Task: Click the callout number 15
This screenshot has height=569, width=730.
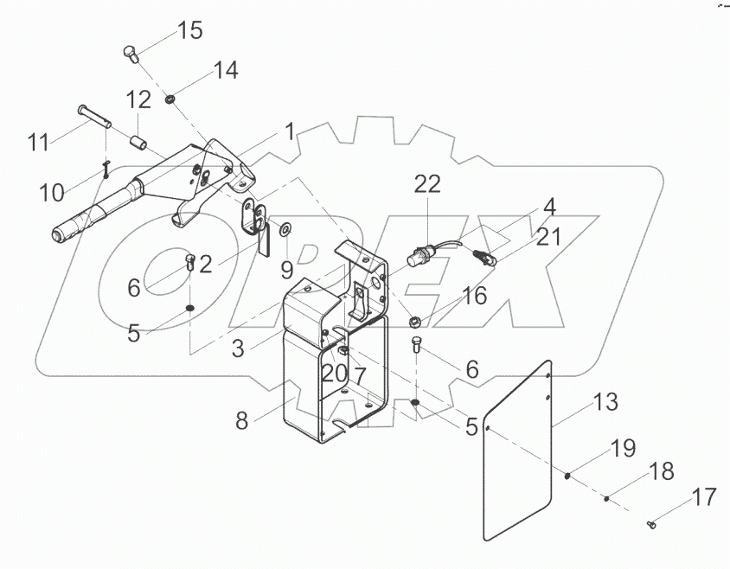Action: pyautogui.click(x=190, y=31)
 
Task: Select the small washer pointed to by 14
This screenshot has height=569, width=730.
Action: pyautogui.click(x=171, y=100)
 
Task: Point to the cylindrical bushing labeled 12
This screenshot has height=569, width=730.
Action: pyautogui.click(x=138, y=141)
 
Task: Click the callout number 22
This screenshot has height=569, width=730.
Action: pyautogui.click(x=427, y=184)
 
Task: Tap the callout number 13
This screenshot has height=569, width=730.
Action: pyautogui.click(x=606, y=403)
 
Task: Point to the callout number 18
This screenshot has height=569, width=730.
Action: pyautogui.click(x=662, y=471)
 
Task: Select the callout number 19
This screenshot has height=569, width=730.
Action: pyautogui.click(x=624, y=448)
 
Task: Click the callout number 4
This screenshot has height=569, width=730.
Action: pyautogui.click(x=548, y=208)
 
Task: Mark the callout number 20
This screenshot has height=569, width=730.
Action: pyautogui.click(x=334, y=373)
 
